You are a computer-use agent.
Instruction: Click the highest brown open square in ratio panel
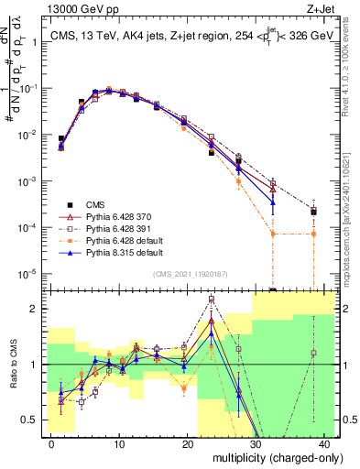click(x=212, y=299)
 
